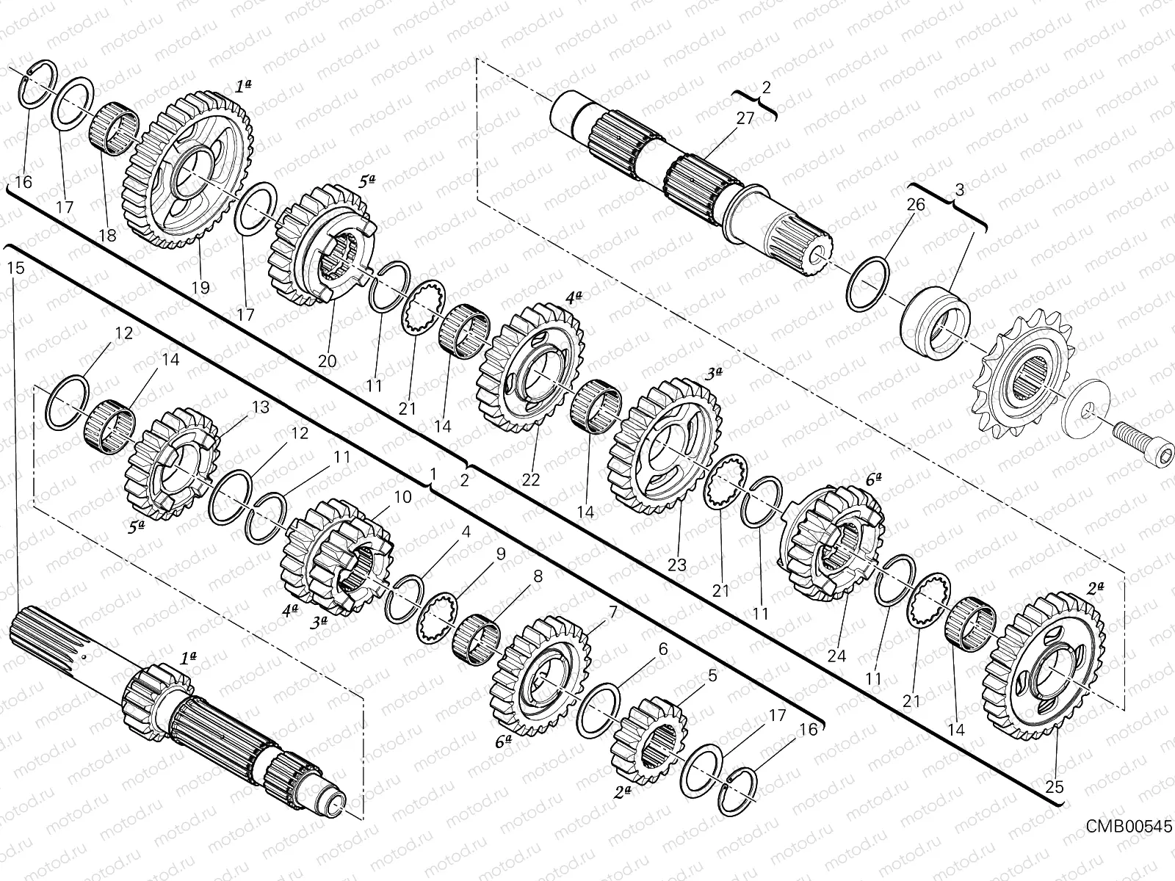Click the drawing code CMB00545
click(1128, 827)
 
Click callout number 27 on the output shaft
click(745, 118)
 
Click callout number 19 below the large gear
click(200, 287)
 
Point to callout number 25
click(1055, 787)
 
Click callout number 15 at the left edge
click(15, 268)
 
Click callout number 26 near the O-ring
click(915, 205)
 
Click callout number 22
click(530, 479)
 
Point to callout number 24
click(836, 656)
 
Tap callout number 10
click(402, 497)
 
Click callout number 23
click(677, 565)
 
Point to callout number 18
click(107, 236)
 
